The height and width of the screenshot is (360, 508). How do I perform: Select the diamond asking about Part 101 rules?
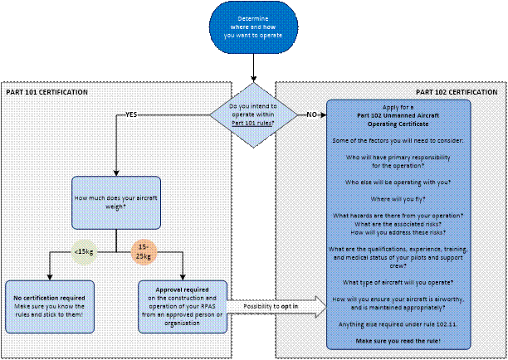pyautogui.click(x=253, y=114)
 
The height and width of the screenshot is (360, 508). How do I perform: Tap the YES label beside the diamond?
pyautogui.click(x=131, y=114)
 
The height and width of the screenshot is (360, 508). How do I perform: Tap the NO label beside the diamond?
pyautogui.click(x=312, y=114)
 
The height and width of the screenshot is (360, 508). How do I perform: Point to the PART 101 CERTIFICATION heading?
pyautogui.click(x=47, y=91)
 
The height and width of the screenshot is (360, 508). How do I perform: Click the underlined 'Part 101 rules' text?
pyautogui.click(x=252, y=123)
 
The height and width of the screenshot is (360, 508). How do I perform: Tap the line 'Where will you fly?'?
pyautogui.click(x=398, y=198)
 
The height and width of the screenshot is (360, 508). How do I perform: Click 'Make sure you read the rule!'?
pyautogui.click(x=398, y=342)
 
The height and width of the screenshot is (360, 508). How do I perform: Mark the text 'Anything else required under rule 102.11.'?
pyautogui.click(x=398, y=324)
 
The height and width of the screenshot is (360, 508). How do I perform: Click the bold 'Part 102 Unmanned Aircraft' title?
pyautogui.click(x=398, y=113)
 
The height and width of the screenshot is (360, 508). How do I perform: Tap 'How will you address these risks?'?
pyautogui.click(x=398, y=233)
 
